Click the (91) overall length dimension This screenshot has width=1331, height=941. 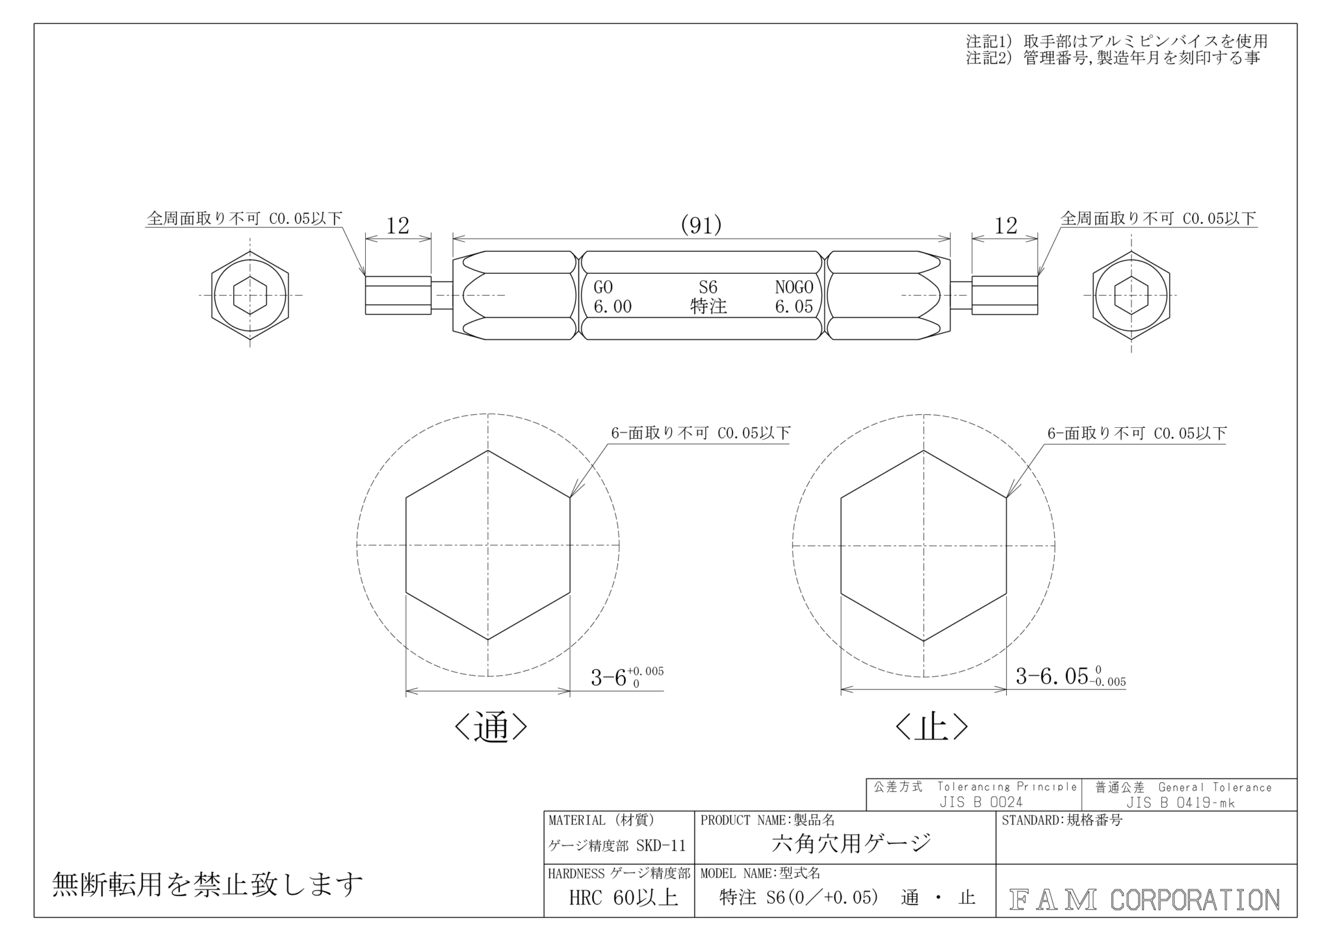[701, 225]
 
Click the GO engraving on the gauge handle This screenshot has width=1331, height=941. [603, 287]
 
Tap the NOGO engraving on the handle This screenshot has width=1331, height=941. [794, 287]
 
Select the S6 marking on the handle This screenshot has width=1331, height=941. [708, 287]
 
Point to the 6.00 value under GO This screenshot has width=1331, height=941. [612, 306]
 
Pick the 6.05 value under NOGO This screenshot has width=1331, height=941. [794, 306]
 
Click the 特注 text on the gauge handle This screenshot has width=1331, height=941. [708, 306]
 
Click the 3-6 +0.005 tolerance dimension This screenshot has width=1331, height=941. [627, 677]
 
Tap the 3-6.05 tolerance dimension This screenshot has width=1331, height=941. [1070, 676]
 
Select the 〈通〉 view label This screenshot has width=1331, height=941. [490, 728]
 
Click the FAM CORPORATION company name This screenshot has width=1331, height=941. [1144, 899]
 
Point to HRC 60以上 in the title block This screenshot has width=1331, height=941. [623, 898]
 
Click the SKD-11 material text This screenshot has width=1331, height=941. [660, 845]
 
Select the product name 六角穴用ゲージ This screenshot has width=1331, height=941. [851, 843]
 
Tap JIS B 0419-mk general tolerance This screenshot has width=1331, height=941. [1180, 802]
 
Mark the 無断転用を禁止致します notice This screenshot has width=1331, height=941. [207, 884]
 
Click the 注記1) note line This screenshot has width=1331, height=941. [1117, 41]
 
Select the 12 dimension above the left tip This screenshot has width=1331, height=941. [398, 226]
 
